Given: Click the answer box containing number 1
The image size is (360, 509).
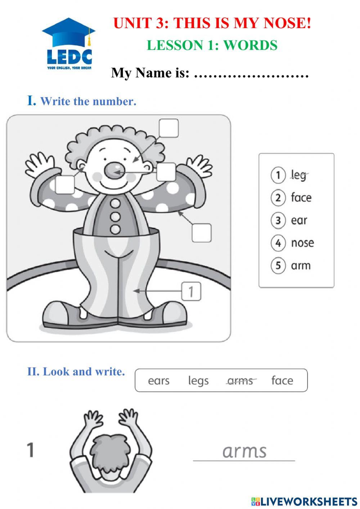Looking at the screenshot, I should click(x=191, y=291).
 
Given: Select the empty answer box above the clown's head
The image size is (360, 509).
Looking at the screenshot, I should click(x=168, y=128).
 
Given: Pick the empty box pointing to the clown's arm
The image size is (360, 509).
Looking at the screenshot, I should click(x=201, y=233).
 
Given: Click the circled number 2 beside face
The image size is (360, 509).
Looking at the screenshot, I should click(x=278, y=198).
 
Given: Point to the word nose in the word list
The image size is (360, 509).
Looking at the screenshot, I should click(x=302, y=243).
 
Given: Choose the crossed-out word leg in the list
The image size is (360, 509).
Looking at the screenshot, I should click(x=298, y=175).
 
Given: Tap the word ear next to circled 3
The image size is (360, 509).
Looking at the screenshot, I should click(x=299, y=220).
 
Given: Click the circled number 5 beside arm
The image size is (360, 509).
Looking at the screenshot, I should click(x=278, y=266).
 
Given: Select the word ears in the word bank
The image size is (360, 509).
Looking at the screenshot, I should click(x=158, y=381).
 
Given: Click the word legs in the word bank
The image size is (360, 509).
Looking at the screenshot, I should click(x=198, y=381).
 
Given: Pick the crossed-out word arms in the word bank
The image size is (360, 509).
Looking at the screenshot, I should click(x=240, y=381).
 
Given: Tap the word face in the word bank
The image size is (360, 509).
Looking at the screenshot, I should click(x=282, y=381).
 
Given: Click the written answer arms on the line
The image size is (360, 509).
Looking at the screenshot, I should click(x=244, y=451).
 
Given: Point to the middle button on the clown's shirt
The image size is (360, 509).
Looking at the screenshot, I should click(x=115, y=216).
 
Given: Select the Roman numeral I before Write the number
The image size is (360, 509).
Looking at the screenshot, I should click(x=32, y=101).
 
